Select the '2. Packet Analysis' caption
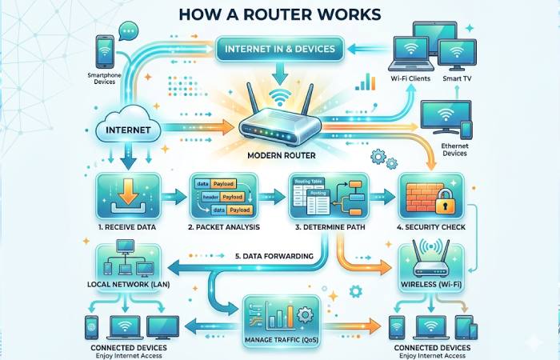coord(222,228)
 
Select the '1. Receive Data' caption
coord(129,228)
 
